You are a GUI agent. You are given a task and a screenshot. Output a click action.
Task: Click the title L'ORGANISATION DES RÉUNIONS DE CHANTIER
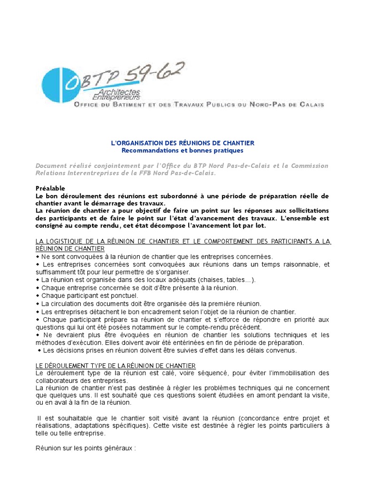(182, 143)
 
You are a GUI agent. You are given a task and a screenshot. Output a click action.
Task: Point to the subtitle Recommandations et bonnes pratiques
(182, 150)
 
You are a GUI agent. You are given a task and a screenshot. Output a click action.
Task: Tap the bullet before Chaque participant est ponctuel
(38, 295)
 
